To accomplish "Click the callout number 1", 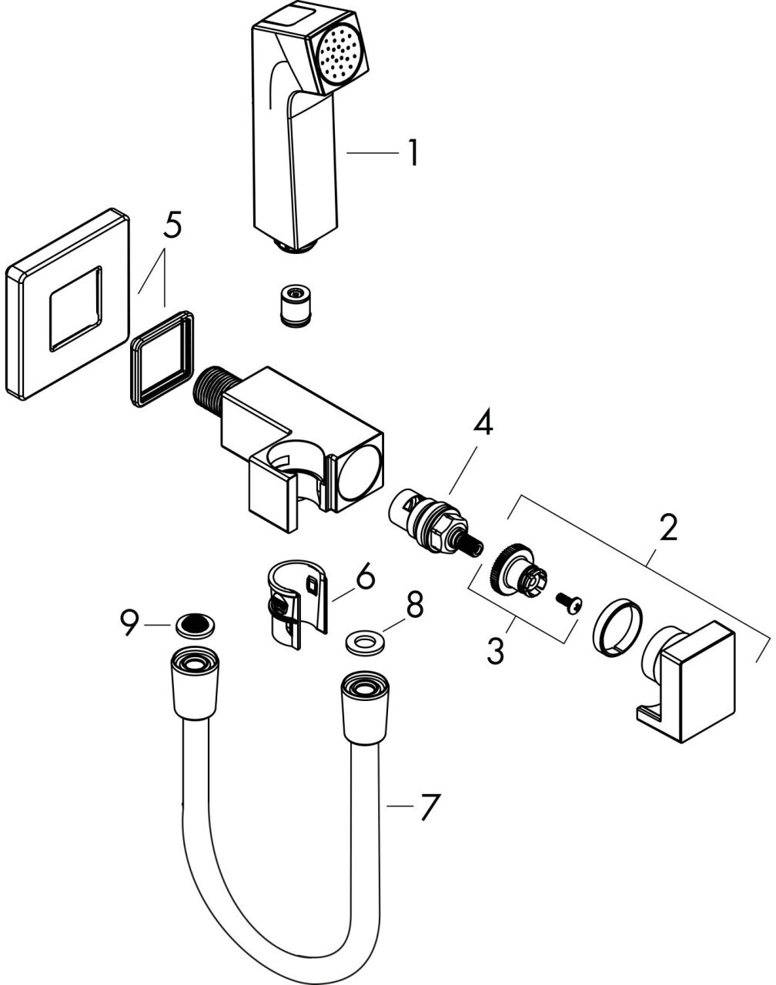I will tap(413, 153).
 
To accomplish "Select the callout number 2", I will tap(667, 529).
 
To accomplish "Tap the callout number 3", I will tap(496, 650).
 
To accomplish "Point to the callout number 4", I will tap(483, 425).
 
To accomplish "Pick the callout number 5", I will tap(172, 225).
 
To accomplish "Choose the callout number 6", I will tap(365, 576).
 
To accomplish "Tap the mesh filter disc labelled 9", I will tap(196, 626).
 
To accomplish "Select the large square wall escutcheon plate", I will tap(68, 305).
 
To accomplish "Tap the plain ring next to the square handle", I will tap(617, 629).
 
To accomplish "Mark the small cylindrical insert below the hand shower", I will tap(295, 306).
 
